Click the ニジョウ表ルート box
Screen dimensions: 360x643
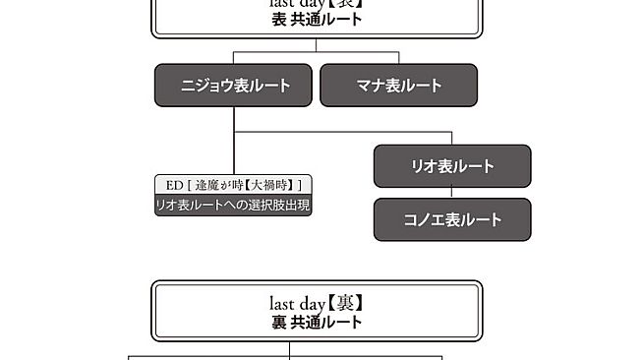pyautogui.click(x=234, y=86)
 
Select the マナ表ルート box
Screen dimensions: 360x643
pyautogui.click(x=398, y=86)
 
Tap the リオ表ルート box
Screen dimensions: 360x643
pyautogui.click(x=451, y=166)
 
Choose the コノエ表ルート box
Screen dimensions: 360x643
pyautogui.click(x=451, y=219)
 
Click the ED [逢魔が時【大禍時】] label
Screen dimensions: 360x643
pyautogui.click(x=234, y=185)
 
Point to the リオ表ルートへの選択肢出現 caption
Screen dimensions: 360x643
pyautogui.click(x=234, y=206)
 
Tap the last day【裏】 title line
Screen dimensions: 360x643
pyautogui.click(x=317, y=303)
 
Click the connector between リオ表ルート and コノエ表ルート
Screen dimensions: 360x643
pyautogui.click(x=452, y=193)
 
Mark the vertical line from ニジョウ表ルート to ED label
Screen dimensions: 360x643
pyautogui.click(x=234, y=152)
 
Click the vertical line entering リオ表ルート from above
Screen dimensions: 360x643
pyautogui.click(x=452, y=138)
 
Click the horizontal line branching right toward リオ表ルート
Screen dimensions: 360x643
pyautogui.click(x=344, y=131)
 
